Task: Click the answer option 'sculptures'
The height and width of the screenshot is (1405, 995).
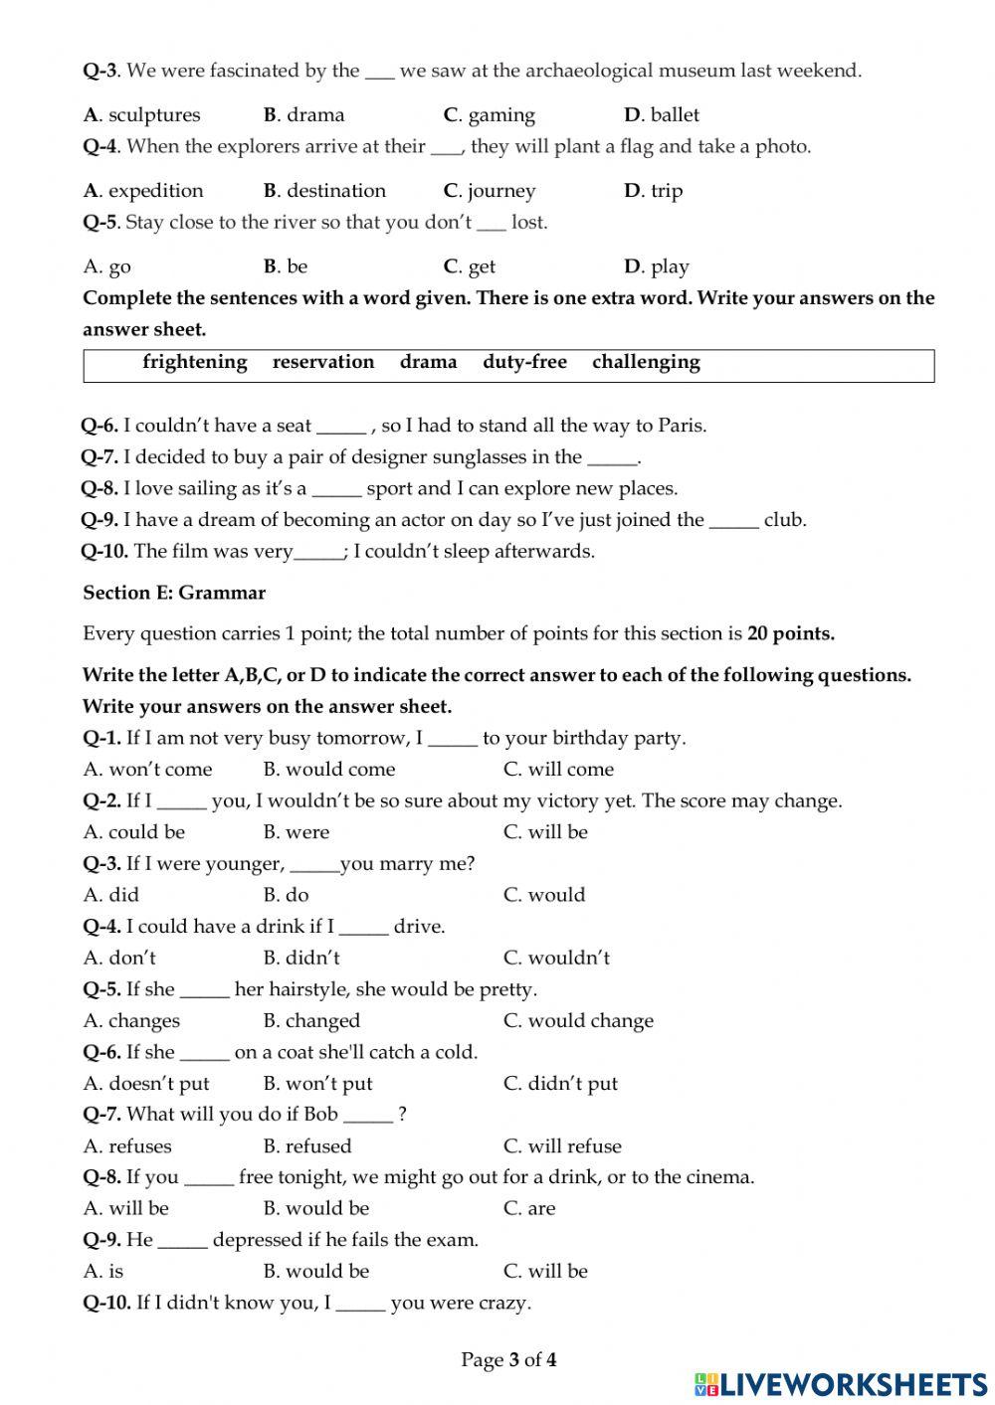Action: (x=153, y=115)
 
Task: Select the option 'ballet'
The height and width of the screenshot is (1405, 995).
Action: (x=675, y=115)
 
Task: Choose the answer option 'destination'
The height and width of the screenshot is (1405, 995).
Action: (x=335, y=191)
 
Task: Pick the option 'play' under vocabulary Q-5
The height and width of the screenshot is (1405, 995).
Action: (x=670, y=266)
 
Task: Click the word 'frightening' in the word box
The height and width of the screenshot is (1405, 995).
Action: (x=195, y=362)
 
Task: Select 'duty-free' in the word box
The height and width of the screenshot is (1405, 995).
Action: (x=524, y=362)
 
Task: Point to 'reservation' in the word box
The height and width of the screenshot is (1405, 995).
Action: (x=323, y=362)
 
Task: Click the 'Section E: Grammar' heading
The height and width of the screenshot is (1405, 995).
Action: (x=174, y=594)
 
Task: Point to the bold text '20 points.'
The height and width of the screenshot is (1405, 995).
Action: (x=791, y=634)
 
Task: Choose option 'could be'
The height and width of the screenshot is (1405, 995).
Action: (x=146, y=832)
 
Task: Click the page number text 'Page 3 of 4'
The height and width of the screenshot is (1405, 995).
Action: (x=508, y=1360)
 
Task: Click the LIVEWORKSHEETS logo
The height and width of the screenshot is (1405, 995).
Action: (x=841, y=1384)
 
